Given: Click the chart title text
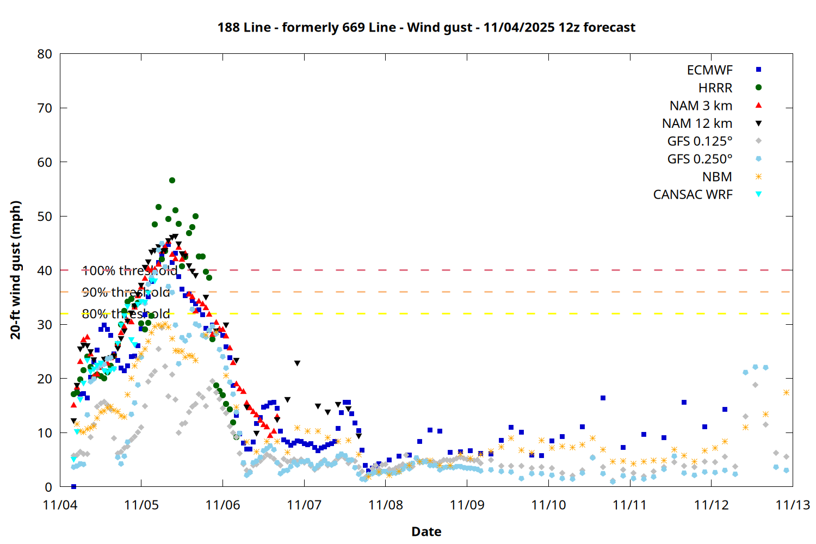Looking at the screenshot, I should pyautogui.click(x=426, y=27).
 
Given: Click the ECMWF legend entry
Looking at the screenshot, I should pyautogui.click(x=709, y=70).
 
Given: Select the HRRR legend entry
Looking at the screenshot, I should pyautogui.click(x=715, y=88).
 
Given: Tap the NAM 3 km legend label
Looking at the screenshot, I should pyautogui.click(x=701, y=106).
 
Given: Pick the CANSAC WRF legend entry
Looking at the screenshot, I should pyautogui.click(x=693, y=195).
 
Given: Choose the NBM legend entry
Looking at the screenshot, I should pyautogui.click(x=717, y=177).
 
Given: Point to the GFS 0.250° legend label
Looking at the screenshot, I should pyautogui.click(x=700, y=159).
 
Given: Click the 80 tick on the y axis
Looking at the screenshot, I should pyautogui.click(x=45, y=54).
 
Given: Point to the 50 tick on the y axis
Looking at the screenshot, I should pyautogui.click(x=45, y=216).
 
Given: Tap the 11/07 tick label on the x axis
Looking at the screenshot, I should pyautogui.click(x=304, y=505).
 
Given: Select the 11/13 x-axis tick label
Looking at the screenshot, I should pyautogui.click(x=793, y=505).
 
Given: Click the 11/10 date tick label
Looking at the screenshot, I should pyautogui.click(x=548, y=505).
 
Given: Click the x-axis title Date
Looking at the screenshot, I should pyautogui.click(x=426, y=531).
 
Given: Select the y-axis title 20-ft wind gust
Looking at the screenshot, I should pyautogui.click(x=16, y=270).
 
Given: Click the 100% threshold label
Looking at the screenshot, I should pyautogui.click(x=129, y=270).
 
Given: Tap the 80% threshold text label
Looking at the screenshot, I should pyautogui.click(x=126, y=314).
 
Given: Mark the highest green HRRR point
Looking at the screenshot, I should pyautogui.click(x=172, y=180).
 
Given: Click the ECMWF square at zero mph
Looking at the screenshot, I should pyautogui.click(x=73, y=486).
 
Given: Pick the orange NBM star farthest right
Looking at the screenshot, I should pyautogui.click(x=786, y=392).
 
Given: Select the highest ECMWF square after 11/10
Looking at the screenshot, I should pyautogui.click(x=603, y=398).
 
